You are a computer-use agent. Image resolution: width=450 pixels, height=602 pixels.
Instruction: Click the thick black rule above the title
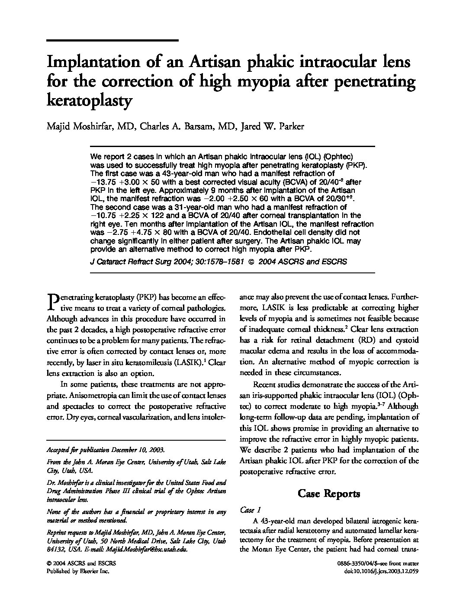coord(112,40)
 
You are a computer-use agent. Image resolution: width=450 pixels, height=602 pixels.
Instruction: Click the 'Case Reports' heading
coord(329,493)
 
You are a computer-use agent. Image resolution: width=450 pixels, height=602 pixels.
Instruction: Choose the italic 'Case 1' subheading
coord(250,510)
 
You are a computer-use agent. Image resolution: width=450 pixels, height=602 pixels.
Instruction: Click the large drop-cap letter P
coord(51,302)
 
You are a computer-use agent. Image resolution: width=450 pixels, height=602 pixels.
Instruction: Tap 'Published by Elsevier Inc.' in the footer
coord(78,571)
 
